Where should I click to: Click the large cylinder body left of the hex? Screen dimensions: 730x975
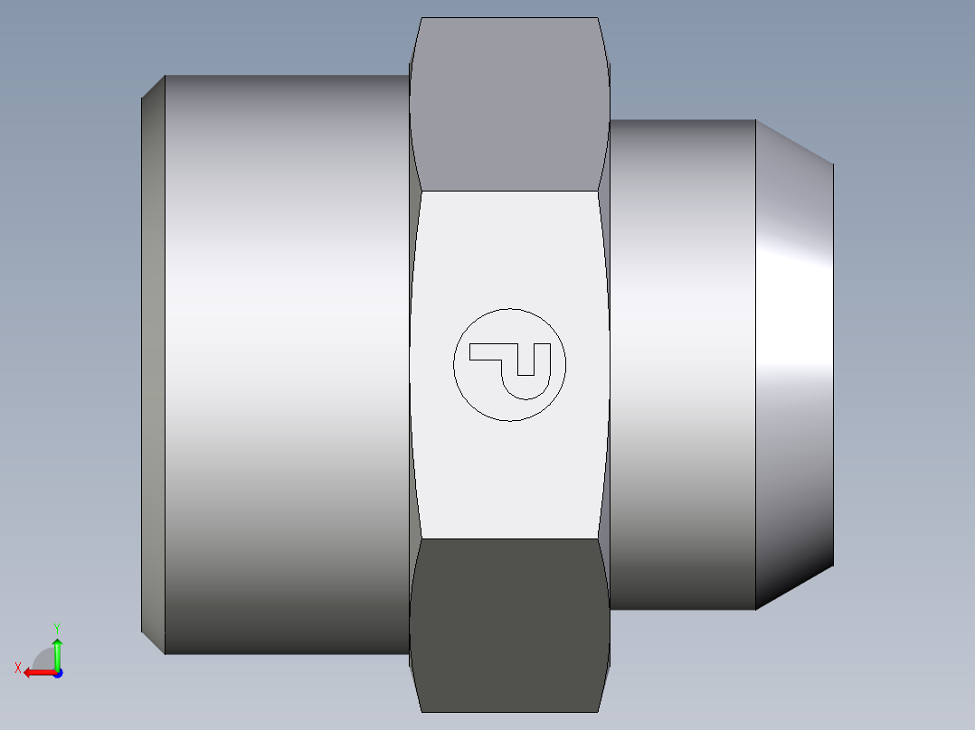[x=285, y=361]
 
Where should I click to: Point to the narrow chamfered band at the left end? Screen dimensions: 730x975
[x=153, y=361]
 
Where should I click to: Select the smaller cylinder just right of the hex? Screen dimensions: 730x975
[x=683, y=361]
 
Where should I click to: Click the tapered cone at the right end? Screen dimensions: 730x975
[x=794, y=361]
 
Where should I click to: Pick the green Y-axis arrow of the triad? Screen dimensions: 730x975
[x=57, y=650]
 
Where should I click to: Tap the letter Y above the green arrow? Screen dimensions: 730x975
[x=57, y=627]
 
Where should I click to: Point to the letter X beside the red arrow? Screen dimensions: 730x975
[x=18, y=668]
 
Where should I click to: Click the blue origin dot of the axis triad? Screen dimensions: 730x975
[x=57, y=672]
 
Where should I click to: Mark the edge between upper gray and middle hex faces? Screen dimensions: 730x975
[x=509, y=191]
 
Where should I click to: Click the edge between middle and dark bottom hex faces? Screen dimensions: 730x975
[x=509, y=539]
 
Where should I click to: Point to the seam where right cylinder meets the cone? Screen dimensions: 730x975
[x=756, y=361]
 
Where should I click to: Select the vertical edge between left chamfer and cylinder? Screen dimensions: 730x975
[x=165, y=361]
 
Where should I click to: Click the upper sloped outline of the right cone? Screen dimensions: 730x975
[x=794, y=142]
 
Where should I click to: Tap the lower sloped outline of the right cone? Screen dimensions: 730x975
[x=794, y=588]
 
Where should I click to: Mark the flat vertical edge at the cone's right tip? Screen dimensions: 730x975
[x=833, y=361]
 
